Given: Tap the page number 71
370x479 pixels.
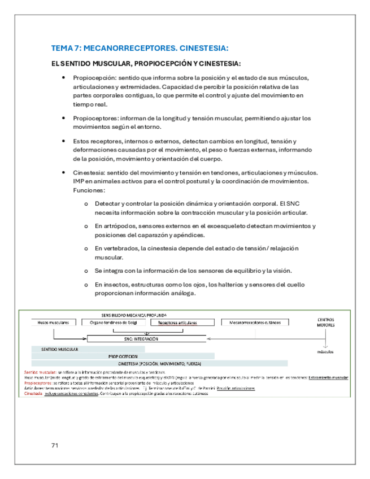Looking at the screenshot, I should coord(55,445).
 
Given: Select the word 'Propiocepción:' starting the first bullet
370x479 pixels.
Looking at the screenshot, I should coord(90,77).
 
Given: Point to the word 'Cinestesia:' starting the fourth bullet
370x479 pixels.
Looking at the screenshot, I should coord(88,172).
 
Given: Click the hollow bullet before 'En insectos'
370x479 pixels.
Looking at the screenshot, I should coord(85,285).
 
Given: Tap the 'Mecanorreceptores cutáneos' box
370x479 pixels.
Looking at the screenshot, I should coord(258,323).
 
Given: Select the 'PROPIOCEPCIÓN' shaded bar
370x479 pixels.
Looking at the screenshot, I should coord(124,356).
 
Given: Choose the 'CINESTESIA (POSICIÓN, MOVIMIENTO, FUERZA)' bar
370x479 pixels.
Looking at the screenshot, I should coord(160,364).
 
